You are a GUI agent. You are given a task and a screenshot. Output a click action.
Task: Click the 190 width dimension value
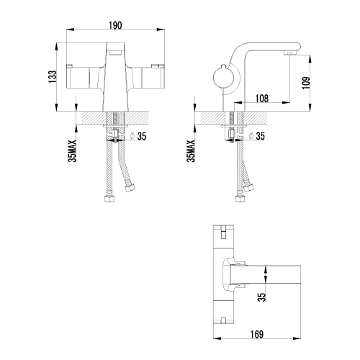115,25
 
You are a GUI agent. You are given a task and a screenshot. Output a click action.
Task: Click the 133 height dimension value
53,77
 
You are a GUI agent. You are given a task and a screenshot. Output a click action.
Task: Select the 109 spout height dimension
306,83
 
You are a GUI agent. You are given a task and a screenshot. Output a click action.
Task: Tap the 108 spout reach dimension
262,99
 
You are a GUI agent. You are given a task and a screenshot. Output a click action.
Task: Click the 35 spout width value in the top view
263,297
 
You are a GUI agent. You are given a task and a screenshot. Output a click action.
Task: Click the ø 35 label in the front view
138,136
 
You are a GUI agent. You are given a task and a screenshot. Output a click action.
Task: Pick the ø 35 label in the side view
256,136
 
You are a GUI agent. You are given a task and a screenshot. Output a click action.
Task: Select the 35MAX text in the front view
72,151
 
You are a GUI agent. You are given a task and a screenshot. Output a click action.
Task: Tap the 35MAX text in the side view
192,151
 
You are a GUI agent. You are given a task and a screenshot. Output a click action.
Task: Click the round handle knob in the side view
222,78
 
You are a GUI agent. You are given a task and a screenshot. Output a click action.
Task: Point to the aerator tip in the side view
289,53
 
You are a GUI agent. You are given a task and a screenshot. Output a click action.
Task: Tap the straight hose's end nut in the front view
109,199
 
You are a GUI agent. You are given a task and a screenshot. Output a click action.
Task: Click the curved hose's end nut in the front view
130,187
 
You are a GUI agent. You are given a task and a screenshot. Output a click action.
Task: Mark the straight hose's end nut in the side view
240,199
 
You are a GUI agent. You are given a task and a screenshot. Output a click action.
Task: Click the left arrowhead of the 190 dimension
70,30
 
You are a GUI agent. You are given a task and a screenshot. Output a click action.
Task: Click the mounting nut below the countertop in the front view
115,126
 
